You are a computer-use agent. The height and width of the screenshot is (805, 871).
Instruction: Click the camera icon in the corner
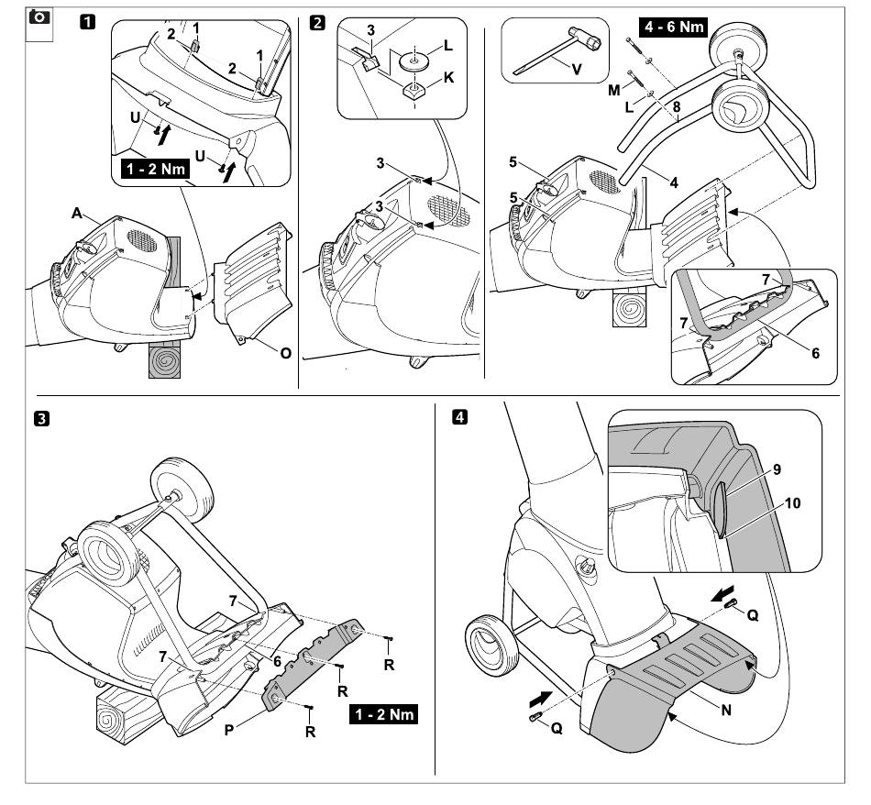39,17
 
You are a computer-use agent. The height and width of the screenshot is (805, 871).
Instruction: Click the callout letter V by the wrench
575,68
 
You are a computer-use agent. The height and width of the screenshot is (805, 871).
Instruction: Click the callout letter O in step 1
285,352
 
